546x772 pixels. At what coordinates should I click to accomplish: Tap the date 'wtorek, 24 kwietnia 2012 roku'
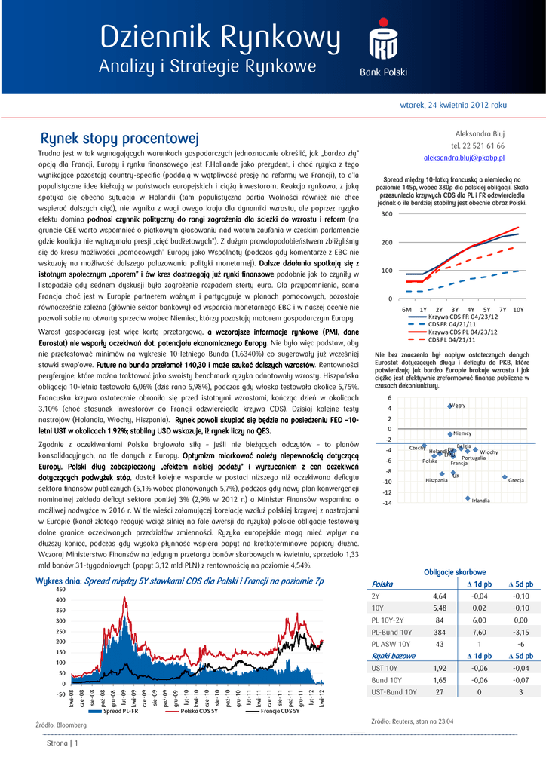452,106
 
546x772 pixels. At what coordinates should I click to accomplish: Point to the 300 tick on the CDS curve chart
387,214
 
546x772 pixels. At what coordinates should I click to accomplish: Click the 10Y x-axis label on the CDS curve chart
517,309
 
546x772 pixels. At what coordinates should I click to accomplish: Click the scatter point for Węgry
450,406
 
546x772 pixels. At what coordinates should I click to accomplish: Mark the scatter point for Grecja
505,476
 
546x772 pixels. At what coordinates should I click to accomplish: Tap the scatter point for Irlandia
468,498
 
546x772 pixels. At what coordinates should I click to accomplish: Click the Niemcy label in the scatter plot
462,433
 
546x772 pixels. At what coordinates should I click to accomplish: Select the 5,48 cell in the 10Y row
440,608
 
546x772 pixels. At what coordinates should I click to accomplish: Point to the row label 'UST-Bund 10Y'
394,691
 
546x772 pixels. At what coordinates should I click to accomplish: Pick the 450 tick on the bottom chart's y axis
60,589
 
